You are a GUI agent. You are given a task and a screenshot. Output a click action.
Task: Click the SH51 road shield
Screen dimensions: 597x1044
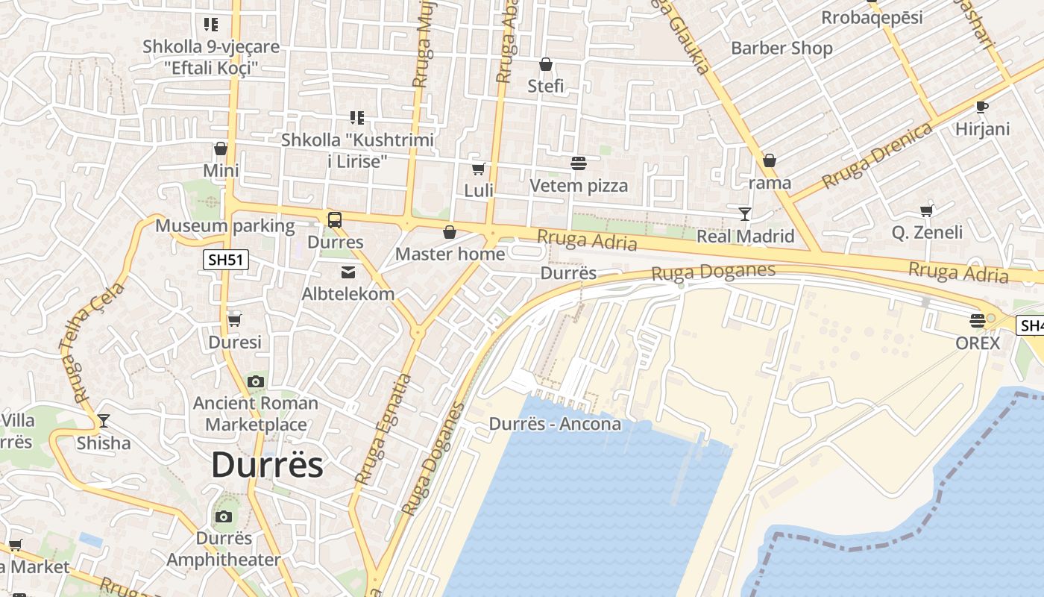tap(226, 260)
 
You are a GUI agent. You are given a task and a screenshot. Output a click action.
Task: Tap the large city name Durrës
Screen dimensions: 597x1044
tap(267, 465)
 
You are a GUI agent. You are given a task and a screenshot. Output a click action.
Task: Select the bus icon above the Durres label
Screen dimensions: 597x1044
tap(335, 220)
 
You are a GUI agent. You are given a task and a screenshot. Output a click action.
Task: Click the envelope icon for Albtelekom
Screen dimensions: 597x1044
tap(348, 272)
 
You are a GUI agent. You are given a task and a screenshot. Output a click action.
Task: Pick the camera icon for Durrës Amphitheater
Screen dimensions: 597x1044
tap(223, 516)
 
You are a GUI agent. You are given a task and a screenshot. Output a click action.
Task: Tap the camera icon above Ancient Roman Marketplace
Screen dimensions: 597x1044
tap(256, 381)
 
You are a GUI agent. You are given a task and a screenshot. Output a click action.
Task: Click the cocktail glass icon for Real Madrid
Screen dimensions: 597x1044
tap(744, 214)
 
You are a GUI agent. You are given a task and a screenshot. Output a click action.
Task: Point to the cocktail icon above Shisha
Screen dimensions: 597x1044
tap(104, 421)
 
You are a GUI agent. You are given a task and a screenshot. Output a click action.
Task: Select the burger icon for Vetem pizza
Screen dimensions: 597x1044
tap(579, 163)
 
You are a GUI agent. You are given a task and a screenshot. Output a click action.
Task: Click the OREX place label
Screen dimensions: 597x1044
tap(977, 343)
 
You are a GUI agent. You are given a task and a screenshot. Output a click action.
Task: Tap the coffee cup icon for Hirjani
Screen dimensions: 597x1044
tap(982, 107)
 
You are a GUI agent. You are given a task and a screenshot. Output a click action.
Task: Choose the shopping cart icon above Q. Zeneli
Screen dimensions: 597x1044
tap(927, 210)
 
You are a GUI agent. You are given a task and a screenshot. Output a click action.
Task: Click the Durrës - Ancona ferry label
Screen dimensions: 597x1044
tap(555, 424)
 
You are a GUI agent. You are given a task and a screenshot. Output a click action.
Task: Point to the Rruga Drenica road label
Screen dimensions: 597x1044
tap(877, 155)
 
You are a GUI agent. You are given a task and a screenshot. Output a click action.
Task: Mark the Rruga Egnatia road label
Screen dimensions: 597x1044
tap(383, 429)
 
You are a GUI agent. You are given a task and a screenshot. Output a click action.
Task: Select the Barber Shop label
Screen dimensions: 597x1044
tap(782, 49)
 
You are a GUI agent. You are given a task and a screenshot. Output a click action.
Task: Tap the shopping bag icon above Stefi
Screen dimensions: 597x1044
tap(546, 64)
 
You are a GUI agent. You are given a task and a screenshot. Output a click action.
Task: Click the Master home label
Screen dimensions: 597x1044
tap(450, 254)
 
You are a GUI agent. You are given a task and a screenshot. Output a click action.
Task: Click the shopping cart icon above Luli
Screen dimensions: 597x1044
tap(478, 169)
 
